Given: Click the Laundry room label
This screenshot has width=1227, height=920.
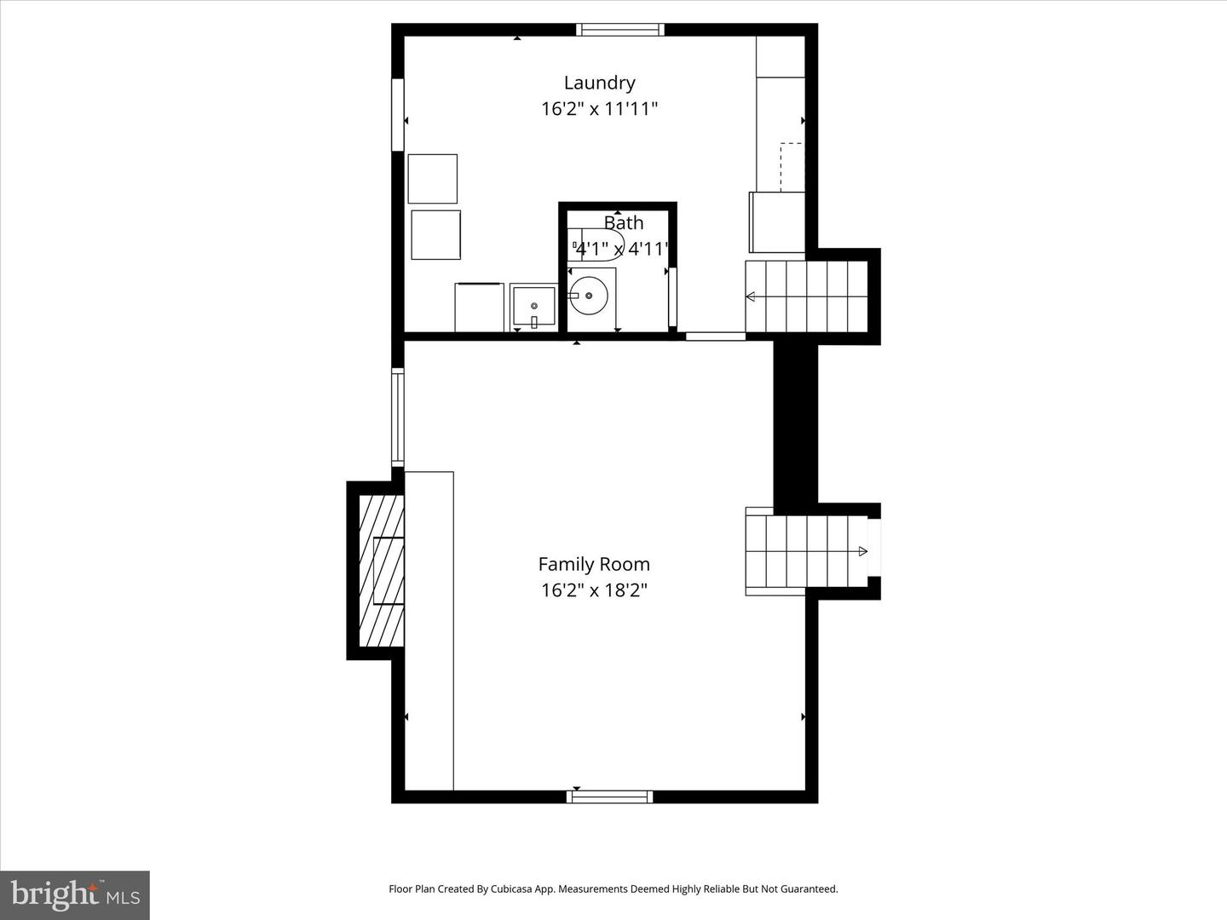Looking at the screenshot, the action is tap(599, 83).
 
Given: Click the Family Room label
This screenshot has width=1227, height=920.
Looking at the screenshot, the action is tap(594, 564).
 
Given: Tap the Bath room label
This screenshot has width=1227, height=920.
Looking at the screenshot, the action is tap(623, 223).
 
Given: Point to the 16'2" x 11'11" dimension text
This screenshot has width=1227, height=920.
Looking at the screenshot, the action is tap(599, 108).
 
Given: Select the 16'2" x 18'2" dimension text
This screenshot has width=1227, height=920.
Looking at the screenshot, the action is tap(594, 589).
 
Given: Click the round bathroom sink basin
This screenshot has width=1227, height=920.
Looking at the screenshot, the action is tap(589, 296).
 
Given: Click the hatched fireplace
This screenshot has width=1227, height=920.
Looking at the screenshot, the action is tap(381, 571).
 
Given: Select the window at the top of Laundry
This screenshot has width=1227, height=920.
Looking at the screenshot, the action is tap(620, 30).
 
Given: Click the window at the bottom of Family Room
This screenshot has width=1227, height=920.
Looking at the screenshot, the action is tap(610, 796).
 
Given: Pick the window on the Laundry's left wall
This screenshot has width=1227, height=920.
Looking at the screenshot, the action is tap(397, 114).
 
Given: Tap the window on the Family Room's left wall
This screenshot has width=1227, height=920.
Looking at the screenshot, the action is tap(397, 417).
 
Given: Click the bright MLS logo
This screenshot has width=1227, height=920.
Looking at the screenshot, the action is tap(75, 895).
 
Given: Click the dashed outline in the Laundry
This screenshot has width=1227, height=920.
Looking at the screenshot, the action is tap(791, 167).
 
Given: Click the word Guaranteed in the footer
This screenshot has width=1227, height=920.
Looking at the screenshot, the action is tap(810, 888).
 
